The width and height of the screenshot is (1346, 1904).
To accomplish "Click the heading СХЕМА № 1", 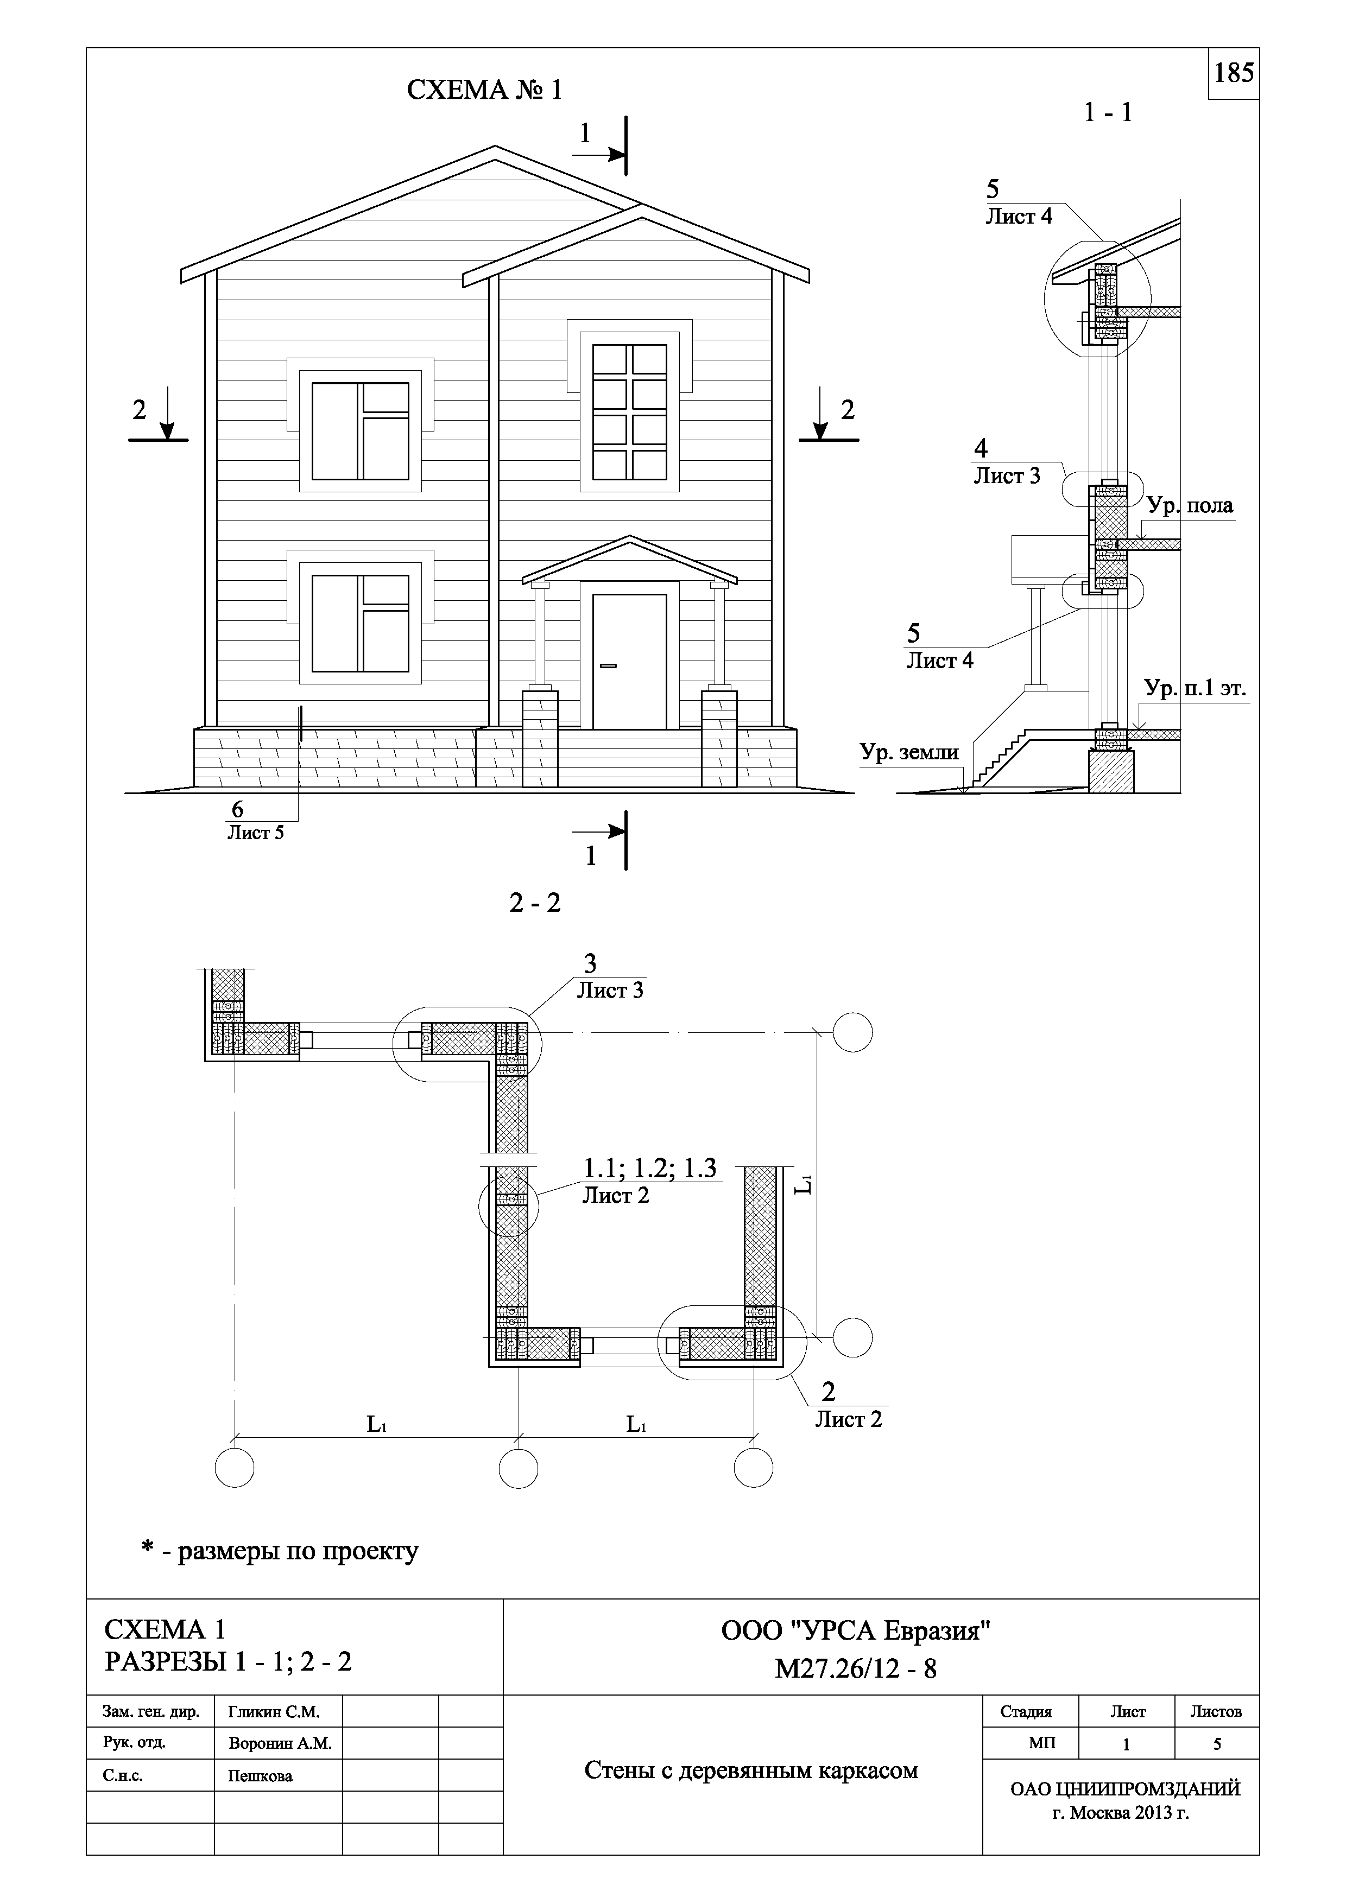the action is [x=484, y=90].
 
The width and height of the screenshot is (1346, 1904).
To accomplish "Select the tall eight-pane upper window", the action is [x=629, y=412].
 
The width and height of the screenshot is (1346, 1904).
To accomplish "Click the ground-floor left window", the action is [x=360, y=623].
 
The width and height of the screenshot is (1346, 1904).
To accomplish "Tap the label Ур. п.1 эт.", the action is [x=1195, y=688].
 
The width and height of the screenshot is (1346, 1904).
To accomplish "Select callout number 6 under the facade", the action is [x=237, y=809].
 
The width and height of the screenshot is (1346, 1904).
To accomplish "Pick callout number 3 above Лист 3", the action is [x=590, y=963].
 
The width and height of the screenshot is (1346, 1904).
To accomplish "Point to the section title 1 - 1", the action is [x=1108, y=112].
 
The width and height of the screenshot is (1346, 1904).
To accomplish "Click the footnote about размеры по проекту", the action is [x=280, y=1551].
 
